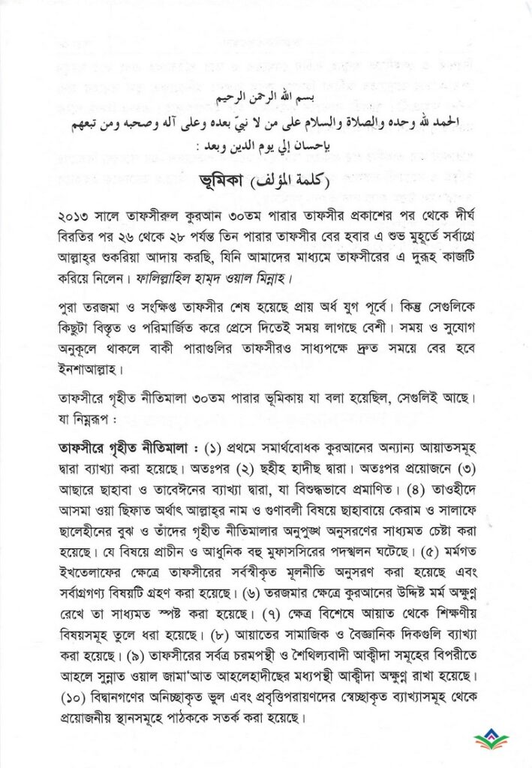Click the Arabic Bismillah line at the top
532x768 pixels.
point(266,98)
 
